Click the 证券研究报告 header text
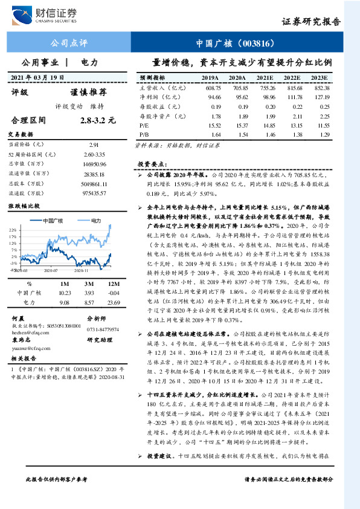tap(310, 22)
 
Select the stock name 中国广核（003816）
tap(236, 44)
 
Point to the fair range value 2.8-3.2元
tap(97, 120)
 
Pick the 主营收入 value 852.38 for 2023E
tap(321, 88)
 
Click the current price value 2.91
tap(94, 145)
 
